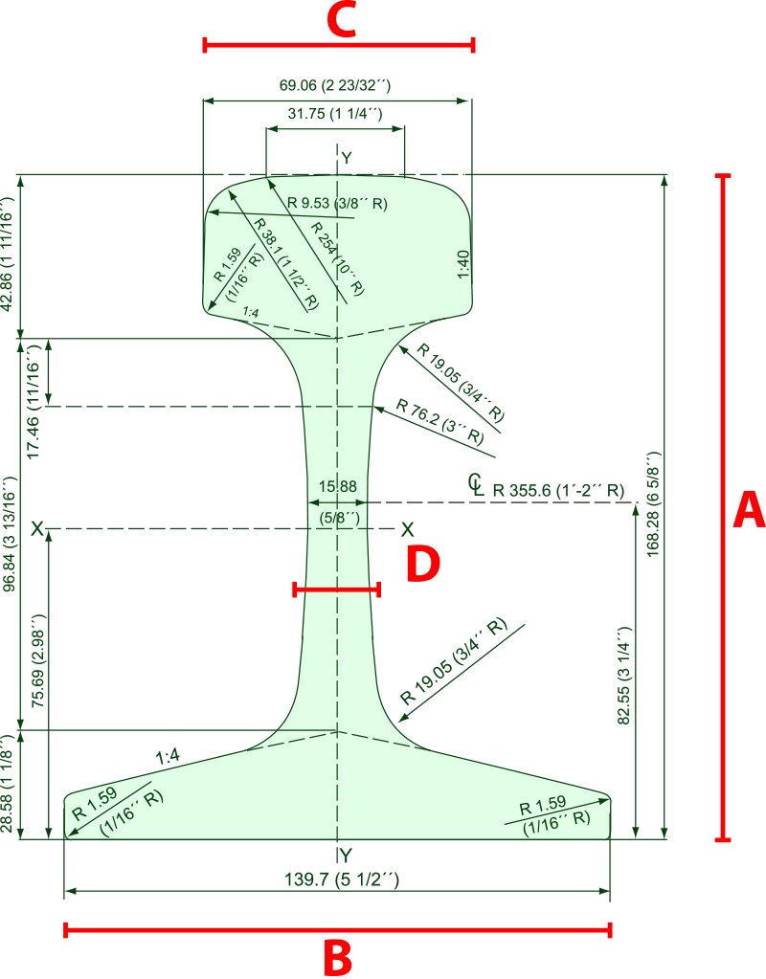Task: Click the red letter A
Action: (749, 510)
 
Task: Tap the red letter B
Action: (338, 958)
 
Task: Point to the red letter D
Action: (423, 563)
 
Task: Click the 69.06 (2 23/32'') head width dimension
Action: (335, 85)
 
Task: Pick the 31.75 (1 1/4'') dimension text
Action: (335, 113)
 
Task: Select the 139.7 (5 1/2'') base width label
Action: (342, 879)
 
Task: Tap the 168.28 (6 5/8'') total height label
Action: (653, 503)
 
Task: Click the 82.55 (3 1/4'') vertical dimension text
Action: (623, 676)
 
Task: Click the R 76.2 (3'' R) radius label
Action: (439, 421)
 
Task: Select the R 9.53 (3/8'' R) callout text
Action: (337, 203)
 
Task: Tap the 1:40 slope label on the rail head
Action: (463, 265)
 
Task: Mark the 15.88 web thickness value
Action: (337, 486)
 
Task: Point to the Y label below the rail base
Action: (346, 855)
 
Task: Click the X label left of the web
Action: (37, 529)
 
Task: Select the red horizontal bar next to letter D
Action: (337, 590)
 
